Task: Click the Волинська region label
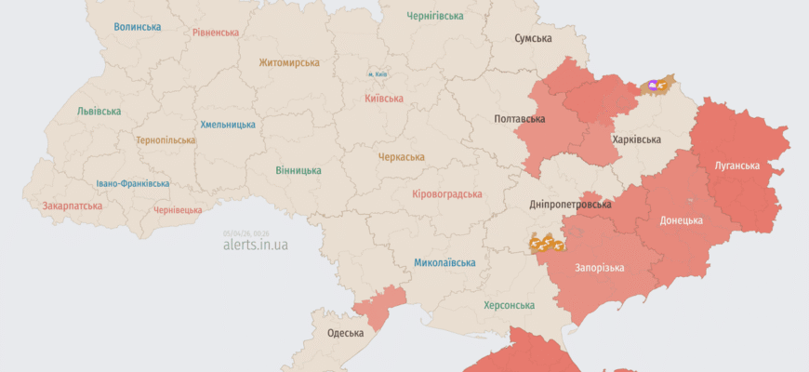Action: pos(138,27)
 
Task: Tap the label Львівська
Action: pos(99,112)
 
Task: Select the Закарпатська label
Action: pos(72,206)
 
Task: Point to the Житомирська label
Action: pos(289,63)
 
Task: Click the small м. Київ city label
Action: pos(378,73)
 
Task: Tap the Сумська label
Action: pos(533,39)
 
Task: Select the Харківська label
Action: pos(637,139)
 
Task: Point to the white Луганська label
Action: pos(736,166)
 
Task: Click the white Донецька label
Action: pos(681,220)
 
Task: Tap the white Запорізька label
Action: pos(599,267)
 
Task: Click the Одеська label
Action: pos(345,333)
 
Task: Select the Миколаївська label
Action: pos(444,262)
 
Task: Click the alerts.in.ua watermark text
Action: pos(256,246)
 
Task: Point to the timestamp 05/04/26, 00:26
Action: pos(246,233)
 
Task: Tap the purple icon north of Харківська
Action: pos(653,86)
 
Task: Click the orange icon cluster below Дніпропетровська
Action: pos(547,244)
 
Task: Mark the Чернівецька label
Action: pos(177,210)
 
